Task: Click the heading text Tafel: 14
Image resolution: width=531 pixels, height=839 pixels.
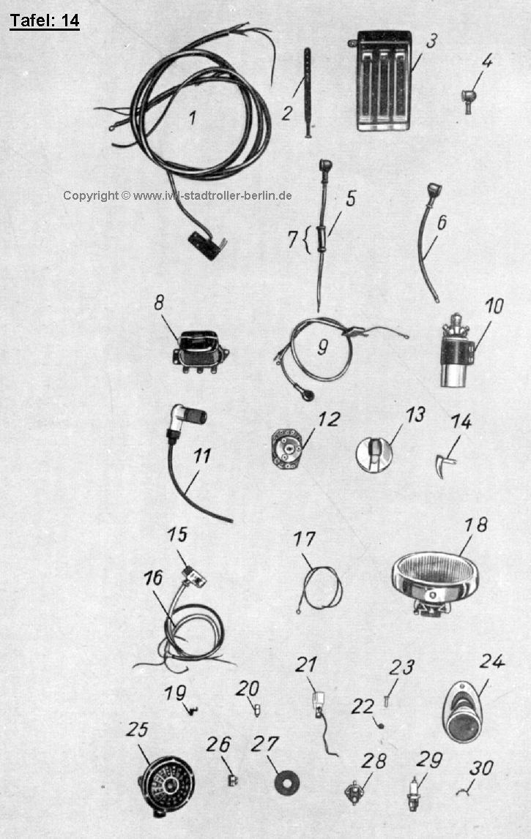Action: pyautogui.click(x=45, y=21)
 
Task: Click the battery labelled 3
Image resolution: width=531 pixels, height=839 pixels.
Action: pyautogui.click(x=382, y=80)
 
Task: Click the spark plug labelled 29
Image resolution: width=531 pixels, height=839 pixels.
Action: pyautogui.click(x=413, y=794)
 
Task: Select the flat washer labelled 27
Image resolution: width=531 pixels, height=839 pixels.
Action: pyautogui.click(x=286, y=783)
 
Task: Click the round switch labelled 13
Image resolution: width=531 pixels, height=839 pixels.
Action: pyautogui.click(x=374, y=454)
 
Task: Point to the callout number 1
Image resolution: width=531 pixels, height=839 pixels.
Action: pyautogui.click(x=193, y=118)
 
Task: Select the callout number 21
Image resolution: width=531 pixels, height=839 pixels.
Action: pyautogui.click(x=306, y=665)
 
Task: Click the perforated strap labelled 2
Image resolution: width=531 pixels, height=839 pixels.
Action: pyautogui.click(x=308, y=93)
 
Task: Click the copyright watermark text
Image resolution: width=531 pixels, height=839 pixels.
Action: pyautogui.click(x=177, y=195)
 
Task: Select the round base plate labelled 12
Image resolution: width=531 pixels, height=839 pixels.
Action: pyautogui.click(x=288, y=448)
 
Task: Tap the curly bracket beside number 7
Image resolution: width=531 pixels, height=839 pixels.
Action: pyautogui.click(x=306, y=240)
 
